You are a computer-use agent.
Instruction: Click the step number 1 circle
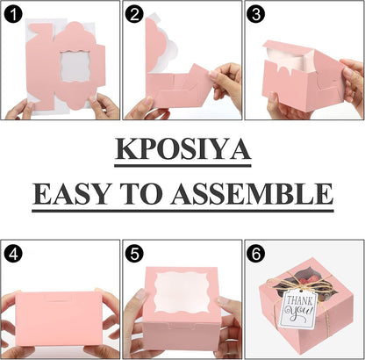[x=13, y=14]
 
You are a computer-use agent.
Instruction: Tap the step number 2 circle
[x=134, y=14]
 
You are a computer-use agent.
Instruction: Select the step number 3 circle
[x=256, y=14]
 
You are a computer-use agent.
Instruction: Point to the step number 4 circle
[x=13, y=254]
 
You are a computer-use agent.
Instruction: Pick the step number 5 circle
[x=134, y=254]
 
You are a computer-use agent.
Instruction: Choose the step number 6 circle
[x=256, y=254]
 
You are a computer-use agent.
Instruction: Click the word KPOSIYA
[x=182, y=148]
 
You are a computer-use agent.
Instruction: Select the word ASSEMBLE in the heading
[x=252, y=194]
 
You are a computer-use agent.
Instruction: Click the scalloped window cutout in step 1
[x=75, y=67]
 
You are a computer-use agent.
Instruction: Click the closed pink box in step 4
[x=59, y=317]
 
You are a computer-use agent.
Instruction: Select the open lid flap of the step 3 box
[x=288, y=47]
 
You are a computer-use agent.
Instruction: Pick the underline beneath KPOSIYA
[x=182, y=165]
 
